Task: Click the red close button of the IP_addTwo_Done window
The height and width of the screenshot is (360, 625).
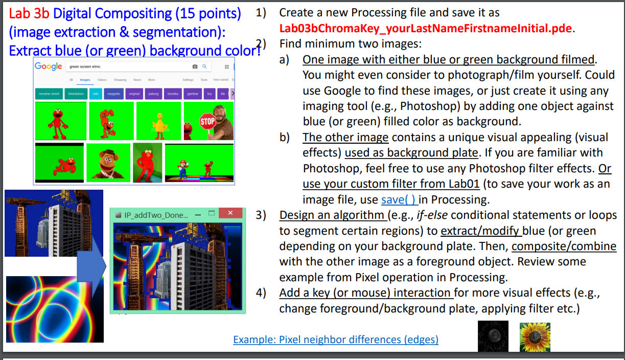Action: point(230,213)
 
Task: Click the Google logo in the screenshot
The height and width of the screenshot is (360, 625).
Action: point(49,66)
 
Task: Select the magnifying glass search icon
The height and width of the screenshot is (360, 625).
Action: point(204,66)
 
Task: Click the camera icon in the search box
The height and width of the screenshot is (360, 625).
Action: point(194,66)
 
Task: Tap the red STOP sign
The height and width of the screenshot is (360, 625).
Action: point(207,122)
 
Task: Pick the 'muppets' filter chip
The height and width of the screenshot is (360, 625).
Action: point(113,94)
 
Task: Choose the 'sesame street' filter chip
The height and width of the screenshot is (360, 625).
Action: point(49,94)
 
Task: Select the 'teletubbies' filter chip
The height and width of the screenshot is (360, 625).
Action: point(76,94)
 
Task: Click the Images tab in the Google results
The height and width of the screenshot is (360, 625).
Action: point(85,80)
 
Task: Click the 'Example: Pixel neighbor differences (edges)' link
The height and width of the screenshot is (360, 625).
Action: point(335,340)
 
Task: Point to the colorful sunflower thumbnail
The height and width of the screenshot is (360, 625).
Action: point(535,336)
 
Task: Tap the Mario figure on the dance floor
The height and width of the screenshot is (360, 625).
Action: point(183,167)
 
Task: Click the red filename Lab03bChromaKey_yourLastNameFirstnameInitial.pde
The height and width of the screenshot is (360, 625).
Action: point(425,28)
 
